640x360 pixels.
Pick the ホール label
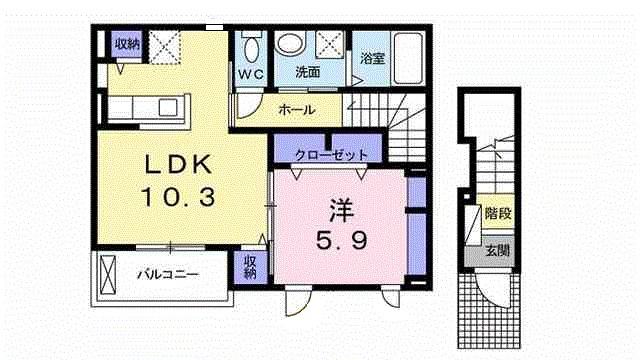pos(297,109)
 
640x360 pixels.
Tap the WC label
pos(249,73)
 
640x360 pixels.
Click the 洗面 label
pos(307,73)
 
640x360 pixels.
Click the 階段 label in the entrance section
pos(497,213)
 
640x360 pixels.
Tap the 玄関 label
pos(497,251)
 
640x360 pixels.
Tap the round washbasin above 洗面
pos(290,43)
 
